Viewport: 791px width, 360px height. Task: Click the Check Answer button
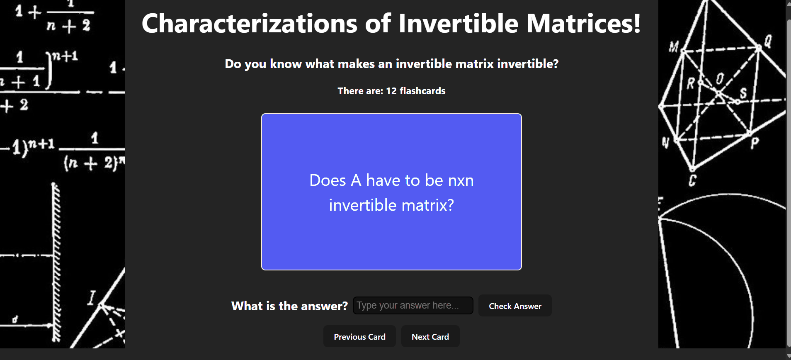[515, 306]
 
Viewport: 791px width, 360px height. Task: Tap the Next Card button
[430, 336]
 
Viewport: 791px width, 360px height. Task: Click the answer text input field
[413, 305]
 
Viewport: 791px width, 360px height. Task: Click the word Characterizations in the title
[250, 23]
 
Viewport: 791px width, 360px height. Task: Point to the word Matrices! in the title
[584, 23]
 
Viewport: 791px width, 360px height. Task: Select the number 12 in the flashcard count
[391, 91]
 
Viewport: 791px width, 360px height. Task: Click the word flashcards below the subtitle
[422, 91]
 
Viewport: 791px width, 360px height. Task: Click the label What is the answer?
[289, 306]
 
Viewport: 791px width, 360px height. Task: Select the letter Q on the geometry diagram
[768, 41]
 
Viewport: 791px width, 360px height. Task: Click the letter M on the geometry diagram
[674, 47]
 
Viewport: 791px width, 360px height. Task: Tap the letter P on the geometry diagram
[755, 143]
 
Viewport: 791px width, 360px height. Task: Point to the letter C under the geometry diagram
[692, 180]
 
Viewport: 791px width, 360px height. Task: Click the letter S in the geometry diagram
[743, 93]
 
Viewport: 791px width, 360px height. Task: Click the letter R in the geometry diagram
[690, 83]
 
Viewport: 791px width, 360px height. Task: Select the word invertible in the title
[458, 23]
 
